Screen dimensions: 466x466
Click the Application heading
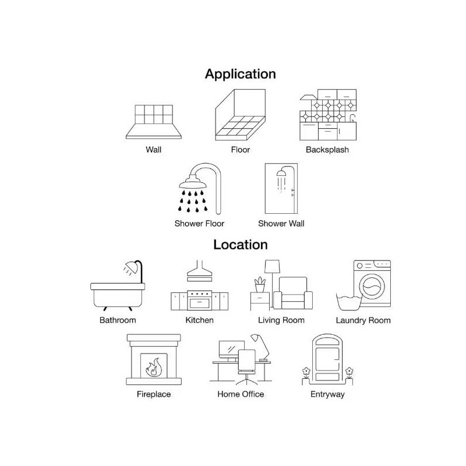click(240, 74)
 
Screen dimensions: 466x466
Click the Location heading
click(240, 244)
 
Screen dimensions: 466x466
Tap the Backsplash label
click(327, 150)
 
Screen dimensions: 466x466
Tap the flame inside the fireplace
click(154, 368)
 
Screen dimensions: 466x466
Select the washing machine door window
click(373, 287)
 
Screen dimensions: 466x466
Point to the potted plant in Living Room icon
click(259, 285)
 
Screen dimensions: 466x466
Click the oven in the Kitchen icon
click(200, 301)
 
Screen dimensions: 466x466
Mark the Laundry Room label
click(363, 320)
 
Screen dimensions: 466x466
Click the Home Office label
click(241, 394)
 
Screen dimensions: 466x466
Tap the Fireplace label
click(154, 394)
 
